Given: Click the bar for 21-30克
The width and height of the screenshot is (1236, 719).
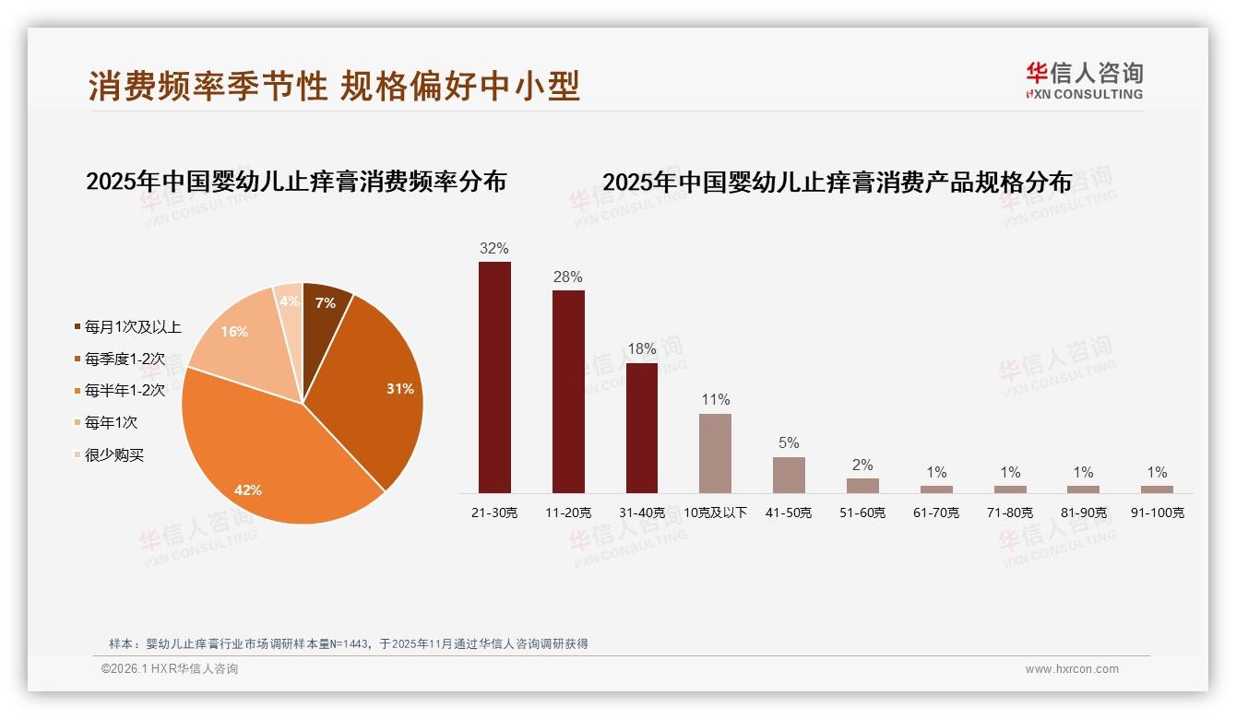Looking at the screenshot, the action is click(x=494, y=378).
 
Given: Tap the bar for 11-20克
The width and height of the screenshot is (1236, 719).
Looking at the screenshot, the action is click(x=568, y=392).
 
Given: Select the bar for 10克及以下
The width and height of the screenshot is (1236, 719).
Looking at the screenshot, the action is click(x=715, y=454).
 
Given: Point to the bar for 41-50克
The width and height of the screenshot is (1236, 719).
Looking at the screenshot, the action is click(x=789, y=475).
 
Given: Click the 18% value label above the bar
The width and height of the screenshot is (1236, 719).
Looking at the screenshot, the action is click(x=642, y=349).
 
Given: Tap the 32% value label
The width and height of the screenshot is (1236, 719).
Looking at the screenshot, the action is click(x=494, y=249).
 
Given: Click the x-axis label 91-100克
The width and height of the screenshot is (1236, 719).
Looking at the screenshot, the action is click(x=1158, y=513).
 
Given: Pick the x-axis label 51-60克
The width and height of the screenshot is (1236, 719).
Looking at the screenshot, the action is click(x=862, y=513).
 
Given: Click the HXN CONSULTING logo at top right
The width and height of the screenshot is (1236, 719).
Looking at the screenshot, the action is click(x=1085, y=81).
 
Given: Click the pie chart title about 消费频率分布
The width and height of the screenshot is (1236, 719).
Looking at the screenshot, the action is click(x=296, y=182).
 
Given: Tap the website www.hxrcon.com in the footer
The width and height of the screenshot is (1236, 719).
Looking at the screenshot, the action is click(x=1072, y=669).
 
